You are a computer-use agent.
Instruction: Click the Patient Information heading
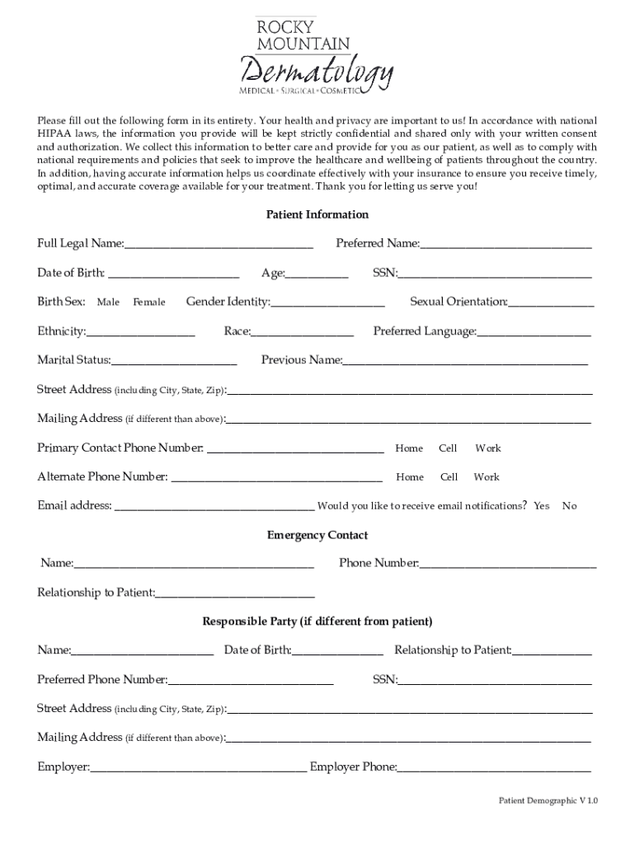(317, 214)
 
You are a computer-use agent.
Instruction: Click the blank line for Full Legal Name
(219, 245)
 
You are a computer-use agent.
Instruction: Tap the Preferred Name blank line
(506, 245)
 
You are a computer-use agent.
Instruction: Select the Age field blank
(317, 274)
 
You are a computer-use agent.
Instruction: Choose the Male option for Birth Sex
(108, 302)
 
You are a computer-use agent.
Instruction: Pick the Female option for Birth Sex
(149, 302)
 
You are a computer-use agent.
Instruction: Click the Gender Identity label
(228, 302)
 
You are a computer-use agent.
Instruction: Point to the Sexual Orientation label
(459, 302)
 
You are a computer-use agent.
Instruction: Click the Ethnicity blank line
(140, 333)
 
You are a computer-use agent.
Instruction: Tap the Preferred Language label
(425, 331)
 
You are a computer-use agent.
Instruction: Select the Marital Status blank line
(174, 362)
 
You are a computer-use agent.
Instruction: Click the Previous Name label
(301, 360)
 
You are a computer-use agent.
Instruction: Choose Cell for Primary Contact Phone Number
(448, 448)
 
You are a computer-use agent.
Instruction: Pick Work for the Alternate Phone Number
(487, 477)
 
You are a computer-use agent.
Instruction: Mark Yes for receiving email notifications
(541, 506)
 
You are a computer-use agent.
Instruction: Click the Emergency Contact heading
(317, 535)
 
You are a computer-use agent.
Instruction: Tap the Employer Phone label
(353, 767)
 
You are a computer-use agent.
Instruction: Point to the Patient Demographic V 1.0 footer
(548, 800)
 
